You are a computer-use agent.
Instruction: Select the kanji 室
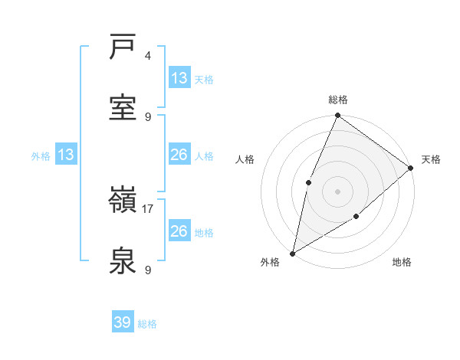tap(123, 106)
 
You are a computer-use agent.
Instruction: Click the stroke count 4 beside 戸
tap(148, 56)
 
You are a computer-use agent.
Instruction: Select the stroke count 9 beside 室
tap(148, 116)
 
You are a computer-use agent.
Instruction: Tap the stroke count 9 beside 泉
tap(148, 270)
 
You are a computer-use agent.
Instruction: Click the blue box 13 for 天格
tap(179, 78)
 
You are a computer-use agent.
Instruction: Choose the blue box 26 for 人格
tap(179, 155)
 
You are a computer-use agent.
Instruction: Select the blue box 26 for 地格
tap(179, 231)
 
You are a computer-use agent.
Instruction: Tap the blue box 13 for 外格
tap(66, 155)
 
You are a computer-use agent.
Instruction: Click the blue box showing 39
tap(123, 322)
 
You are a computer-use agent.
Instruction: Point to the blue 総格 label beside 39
tap(148, 324)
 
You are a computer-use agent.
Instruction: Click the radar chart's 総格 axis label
tap(337, 100)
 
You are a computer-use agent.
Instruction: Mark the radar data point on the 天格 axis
tap(410, 168)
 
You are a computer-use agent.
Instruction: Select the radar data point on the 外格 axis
tap(292, 253)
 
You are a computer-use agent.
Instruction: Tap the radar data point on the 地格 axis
tap(356, 217)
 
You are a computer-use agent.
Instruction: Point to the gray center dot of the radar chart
tap(337, 191)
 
